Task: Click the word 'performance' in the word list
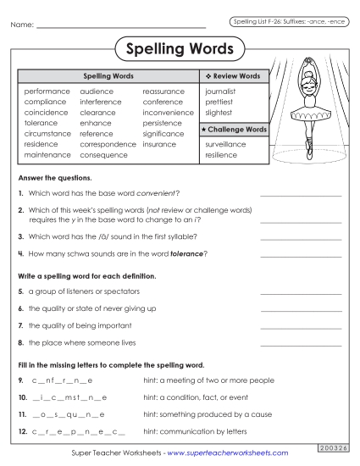47,91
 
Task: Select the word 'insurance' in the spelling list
159,145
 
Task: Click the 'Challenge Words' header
234,130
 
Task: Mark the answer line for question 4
301,254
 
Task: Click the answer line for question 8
301,344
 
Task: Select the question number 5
20,292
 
